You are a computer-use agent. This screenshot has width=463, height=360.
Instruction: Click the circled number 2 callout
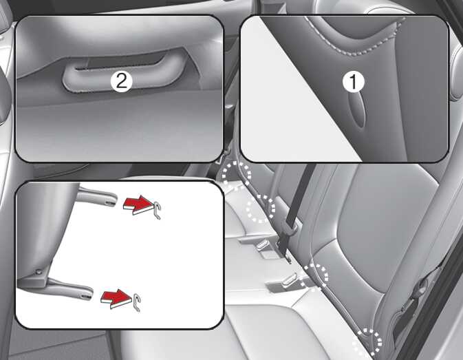[x=122, y=81]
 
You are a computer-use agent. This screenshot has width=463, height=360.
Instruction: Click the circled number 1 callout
[x=354, y=82]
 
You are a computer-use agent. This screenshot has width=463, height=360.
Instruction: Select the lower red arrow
[x=116, y=299]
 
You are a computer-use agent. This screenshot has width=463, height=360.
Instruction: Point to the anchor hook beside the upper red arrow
[x=158, y=209]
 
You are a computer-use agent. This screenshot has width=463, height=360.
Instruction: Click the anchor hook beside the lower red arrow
[x=136, y=303]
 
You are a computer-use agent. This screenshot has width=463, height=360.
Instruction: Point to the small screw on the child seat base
[x=38, y=271]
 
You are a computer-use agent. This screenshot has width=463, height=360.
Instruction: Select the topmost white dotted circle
[x=237, y=174]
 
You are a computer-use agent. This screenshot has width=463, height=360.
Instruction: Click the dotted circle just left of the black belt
[x=261, y=208]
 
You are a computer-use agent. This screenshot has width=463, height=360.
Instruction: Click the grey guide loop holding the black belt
[x=290, y=227]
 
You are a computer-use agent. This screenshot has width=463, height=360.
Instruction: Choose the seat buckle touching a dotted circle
[x=290, y=280]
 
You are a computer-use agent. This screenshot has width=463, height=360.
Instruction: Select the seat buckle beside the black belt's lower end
[x=262, y=245]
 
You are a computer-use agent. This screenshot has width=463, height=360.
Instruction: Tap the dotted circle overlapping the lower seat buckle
[x=314, y=277]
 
